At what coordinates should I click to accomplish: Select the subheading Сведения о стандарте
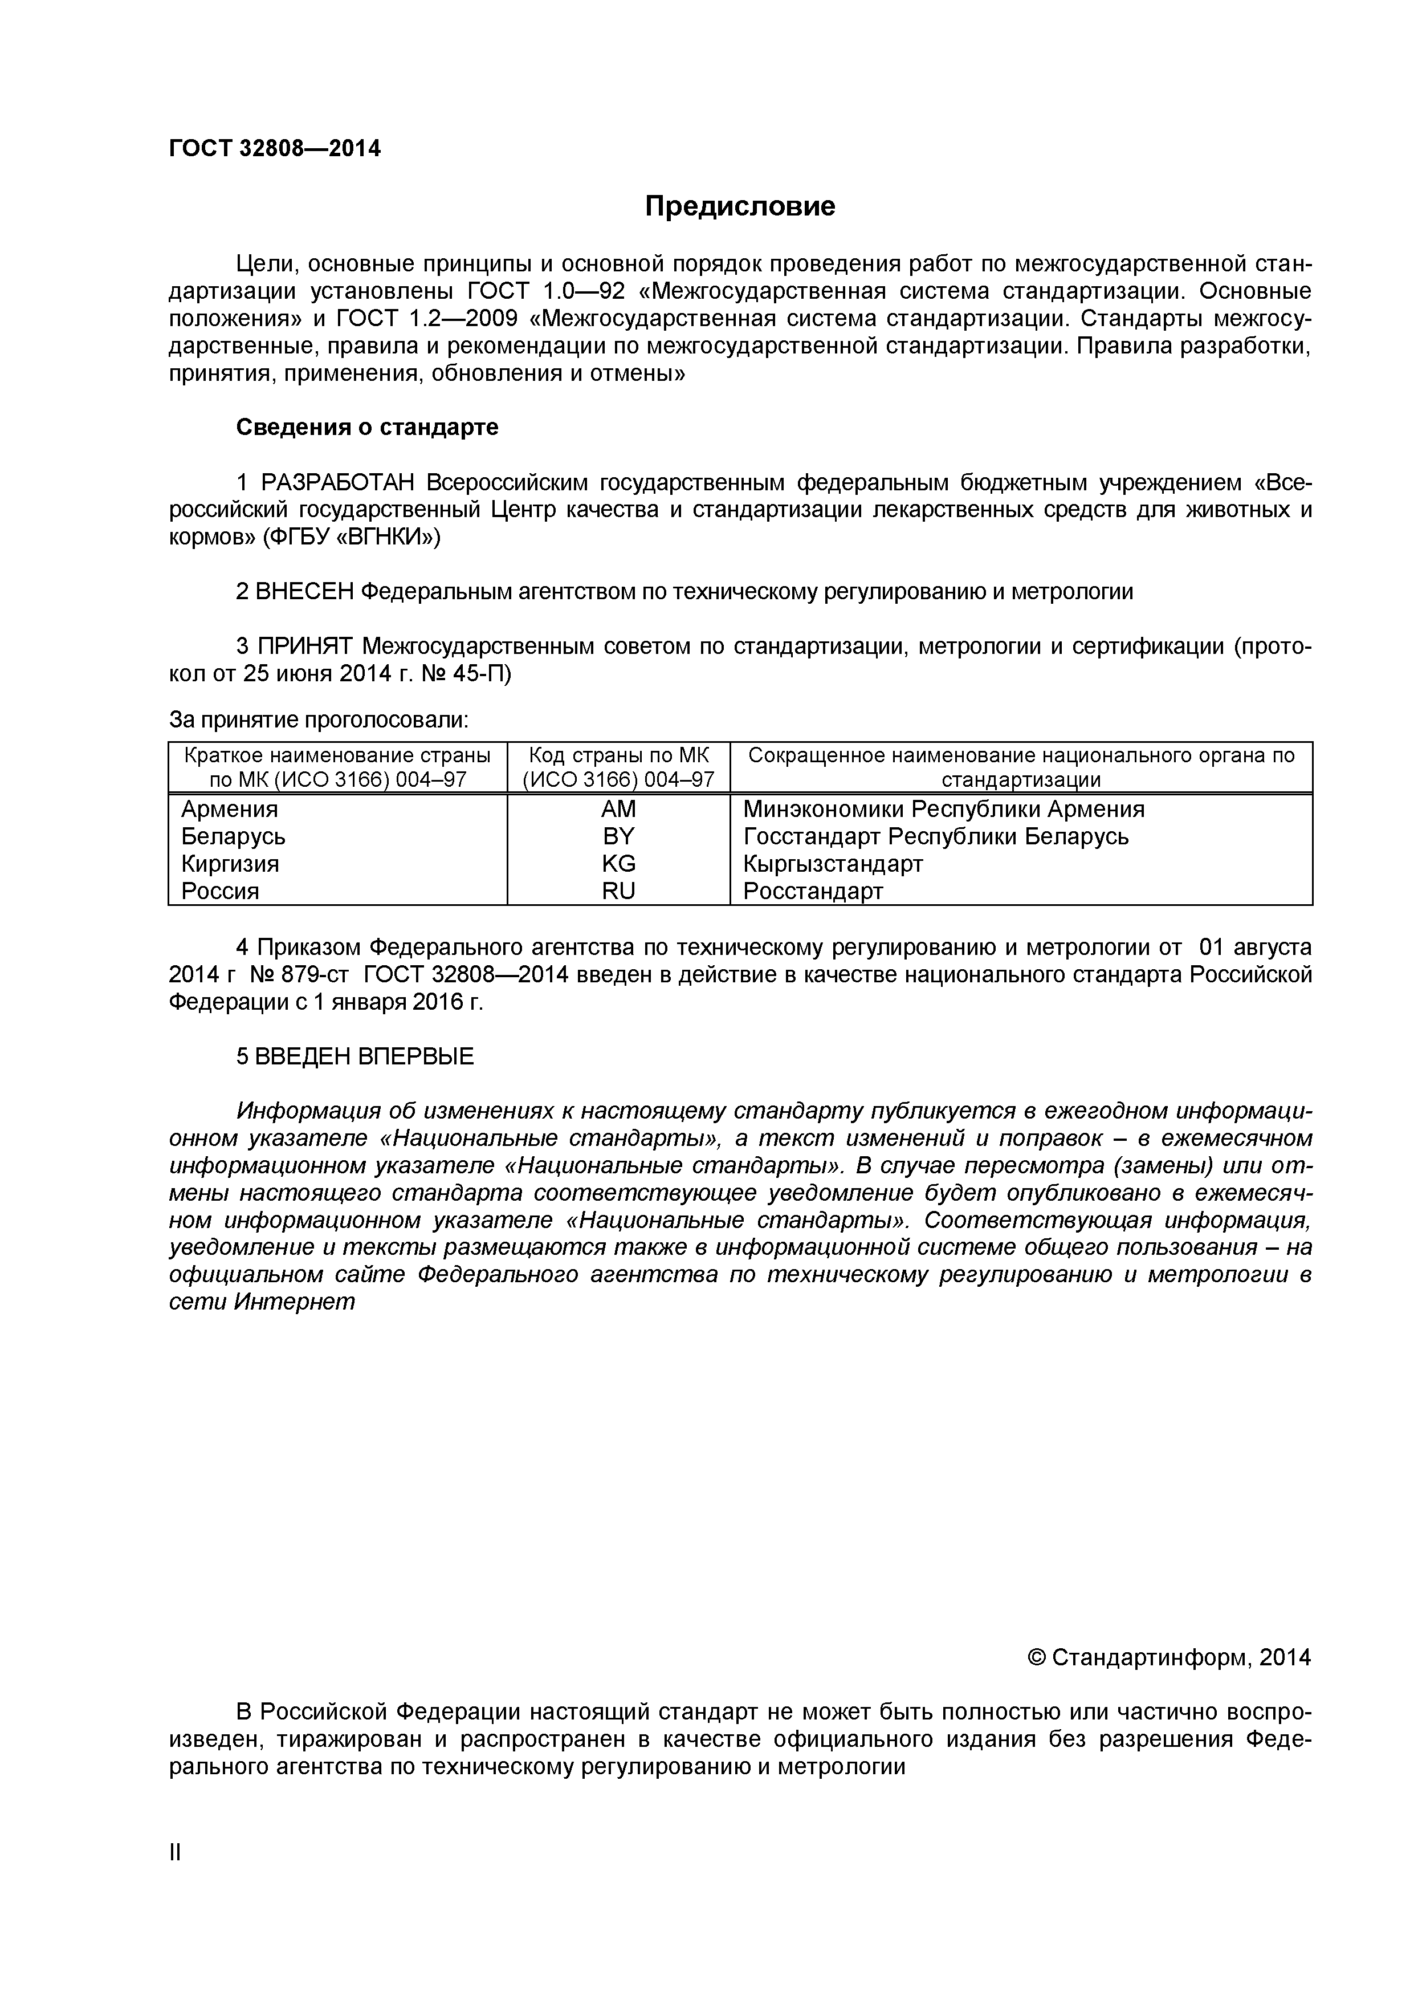tap(368, 428)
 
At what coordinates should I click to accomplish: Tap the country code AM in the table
tap(618, 809)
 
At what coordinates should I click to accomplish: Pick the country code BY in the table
tap(618, 836)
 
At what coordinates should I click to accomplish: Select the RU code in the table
tap(618, 891)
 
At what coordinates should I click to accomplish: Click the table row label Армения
tap(230, 809)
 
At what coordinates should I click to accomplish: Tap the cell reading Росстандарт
tap(813, 891)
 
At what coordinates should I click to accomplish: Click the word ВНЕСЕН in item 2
tap(305, 592)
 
